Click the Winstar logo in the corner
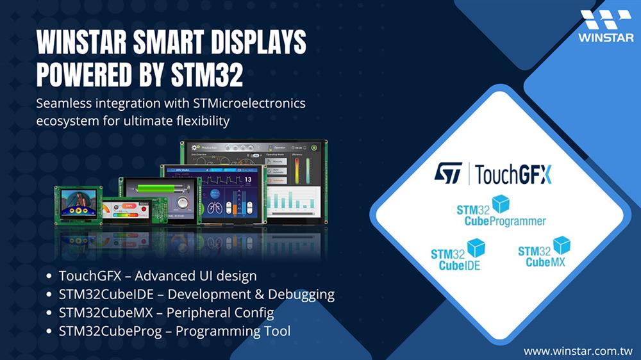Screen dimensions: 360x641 [606, 26]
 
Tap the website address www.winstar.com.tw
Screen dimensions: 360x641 [578, 351]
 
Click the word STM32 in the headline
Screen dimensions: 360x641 [207, 75]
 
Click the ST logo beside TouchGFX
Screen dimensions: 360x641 [448, 173]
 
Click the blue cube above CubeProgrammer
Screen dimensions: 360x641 [500, 204]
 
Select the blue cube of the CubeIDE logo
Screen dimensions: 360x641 [476, 247]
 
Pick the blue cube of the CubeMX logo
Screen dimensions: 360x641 [562, 244]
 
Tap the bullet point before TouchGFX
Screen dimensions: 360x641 [49, 277]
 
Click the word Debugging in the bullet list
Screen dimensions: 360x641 [301, 295]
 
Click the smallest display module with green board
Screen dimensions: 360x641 [78, 204]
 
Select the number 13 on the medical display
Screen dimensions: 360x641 [248, 181]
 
